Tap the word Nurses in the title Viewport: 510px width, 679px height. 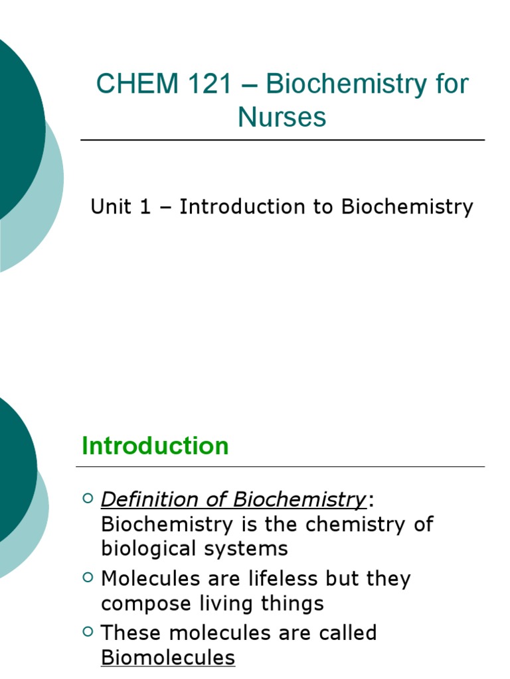pos(282,117)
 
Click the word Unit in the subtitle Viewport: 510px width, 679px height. pos(111,207)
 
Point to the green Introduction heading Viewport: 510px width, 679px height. pos(155,446)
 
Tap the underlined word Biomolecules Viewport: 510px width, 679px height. pos(168,658)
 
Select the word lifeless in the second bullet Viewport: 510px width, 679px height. pos(274,578)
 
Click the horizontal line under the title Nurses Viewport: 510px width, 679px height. pos(282,140)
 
